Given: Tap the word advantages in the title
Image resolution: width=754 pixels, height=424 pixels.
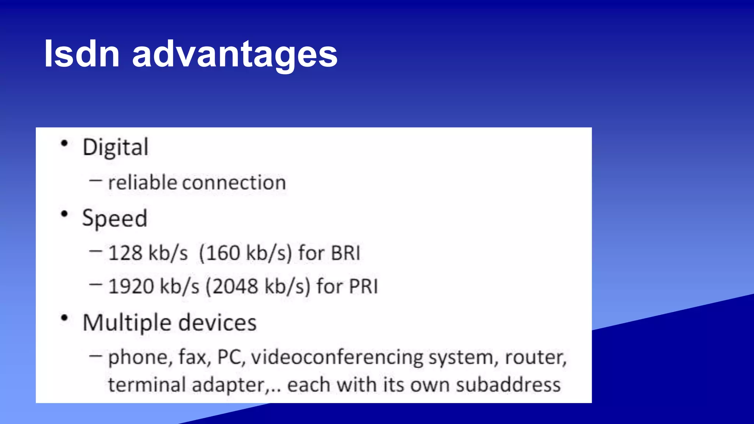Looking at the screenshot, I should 235,55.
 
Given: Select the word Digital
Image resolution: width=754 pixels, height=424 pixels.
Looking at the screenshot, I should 115,148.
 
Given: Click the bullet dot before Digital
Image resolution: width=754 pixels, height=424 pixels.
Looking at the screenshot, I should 64,144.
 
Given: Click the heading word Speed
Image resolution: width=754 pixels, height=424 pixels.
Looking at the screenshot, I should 114,218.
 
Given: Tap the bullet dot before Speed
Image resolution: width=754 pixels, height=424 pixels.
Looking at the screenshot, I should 64,214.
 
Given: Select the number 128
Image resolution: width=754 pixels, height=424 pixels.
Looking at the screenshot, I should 125,253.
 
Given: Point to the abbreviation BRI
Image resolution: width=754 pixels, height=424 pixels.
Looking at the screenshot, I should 345,253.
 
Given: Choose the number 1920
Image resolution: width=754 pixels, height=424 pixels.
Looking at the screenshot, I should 131,286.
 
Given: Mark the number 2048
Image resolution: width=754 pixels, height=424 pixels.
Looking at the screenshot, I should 235,286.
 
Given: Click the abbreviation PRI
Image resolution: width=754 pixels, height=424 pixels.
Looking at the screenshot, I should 363,286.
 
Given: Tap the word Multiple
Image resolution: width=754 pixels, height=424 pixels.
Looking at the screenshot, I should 127,323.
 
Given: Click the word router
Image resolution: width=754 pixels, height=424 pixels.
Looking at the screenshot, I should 535,357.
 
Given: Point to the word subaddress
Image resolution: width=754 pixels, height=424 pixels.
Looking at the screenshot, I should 508,385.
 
